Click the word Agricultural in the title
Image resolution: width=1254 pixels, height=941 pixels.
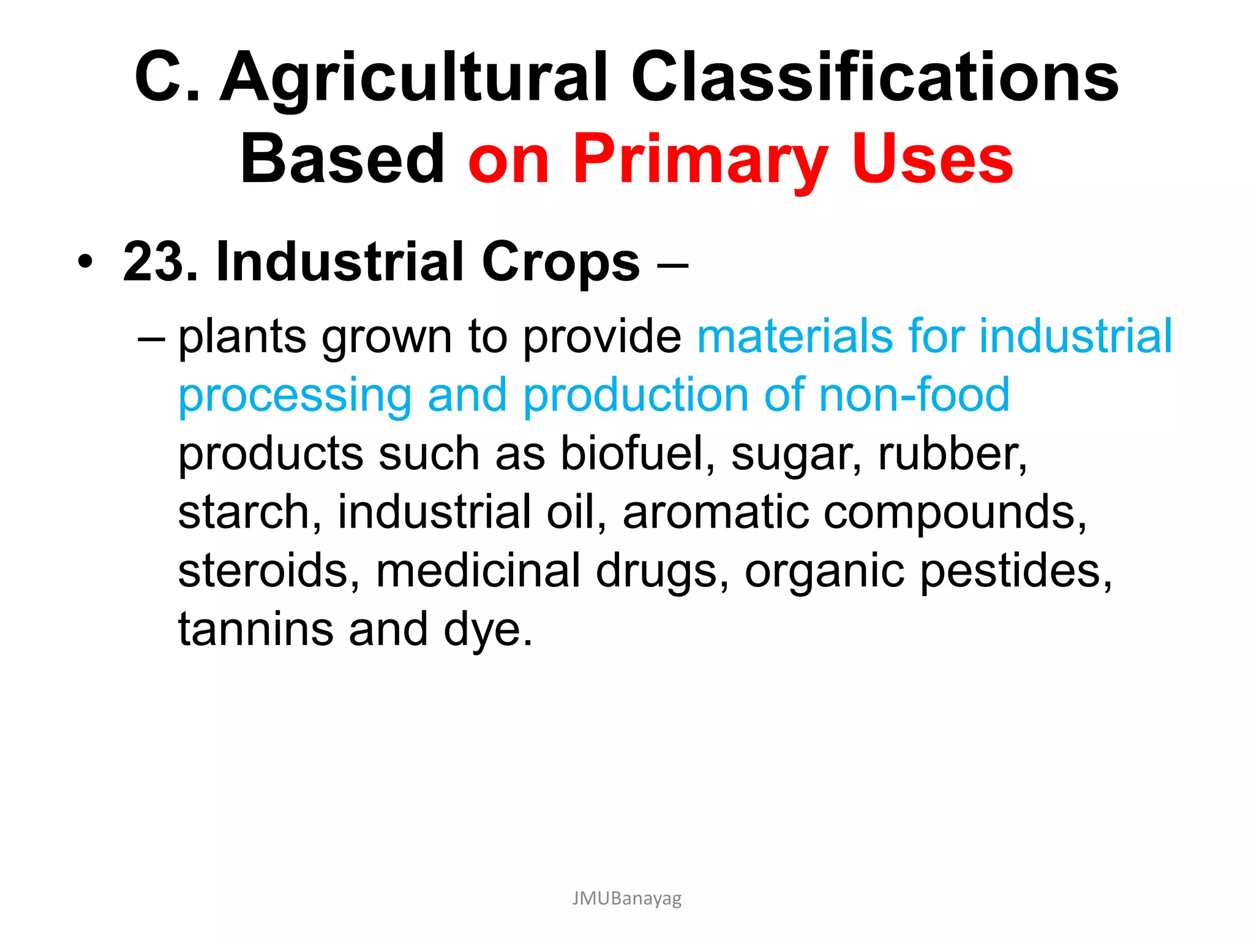tap(413, 78)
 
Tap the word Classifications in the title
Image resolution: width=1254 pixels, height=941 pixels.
tap(874, 77)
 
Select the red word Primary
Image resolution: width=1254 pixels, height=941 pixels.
tap(700, 161)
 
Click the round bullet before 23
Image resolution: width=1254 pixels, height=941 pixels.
tap(86, 263)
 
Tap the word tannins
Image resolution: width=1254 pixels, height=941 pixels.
tap(255, 629)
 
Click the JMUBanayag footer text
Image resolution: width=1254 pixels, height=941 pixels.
tap(626, 899)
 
